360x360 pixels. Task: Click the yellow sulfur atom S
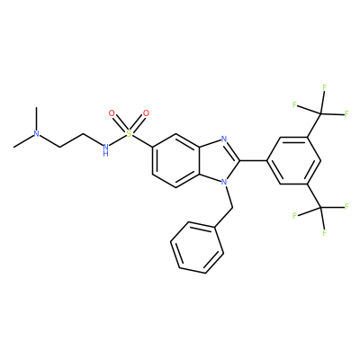click(x=129, y=133)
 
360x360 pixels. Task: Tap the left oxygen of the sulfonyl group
click(x=112, y=113)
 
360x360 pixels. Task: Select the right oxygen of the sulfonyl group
click(x=146, y=113)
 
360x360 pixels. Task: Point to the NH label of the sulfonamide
click(x=105, y=149)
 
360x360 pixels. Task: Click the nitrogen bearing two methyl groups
click(x=36, y=133)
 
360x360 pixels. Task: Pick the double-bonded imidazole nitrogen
click(x=223, y=139)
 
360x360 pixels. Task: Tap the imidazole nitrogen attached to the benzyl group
click(x=223, y=182)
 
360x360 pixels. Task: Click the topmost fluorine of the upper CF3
click(x=324, y=87)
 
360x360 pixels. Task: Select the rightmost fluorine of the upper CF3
click(x=346, y=113)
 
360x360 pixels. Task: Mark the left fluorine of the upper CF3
click(x=295, y=104)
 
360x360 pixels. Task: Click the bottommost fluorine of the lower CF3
click(x=324, y=233)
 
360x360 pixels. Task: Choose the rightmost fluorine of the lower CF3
click(x=346, y=206)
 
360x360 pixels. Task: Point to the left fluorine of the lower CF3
click(x=295, y=216)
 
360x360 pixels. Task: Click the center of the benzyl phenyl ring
click(x=197, y=247)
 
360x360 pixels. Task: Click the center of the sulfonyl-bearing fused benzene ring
click(x=175, y=160)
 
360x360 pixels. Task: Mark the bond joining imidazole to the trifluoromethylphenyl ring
click(x=253, y=160)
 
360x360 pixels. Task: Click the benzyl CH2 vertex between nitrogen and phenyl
click(x=232, y=207)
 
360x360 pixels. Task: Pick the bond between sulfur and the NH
click(x=117, y=140)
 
